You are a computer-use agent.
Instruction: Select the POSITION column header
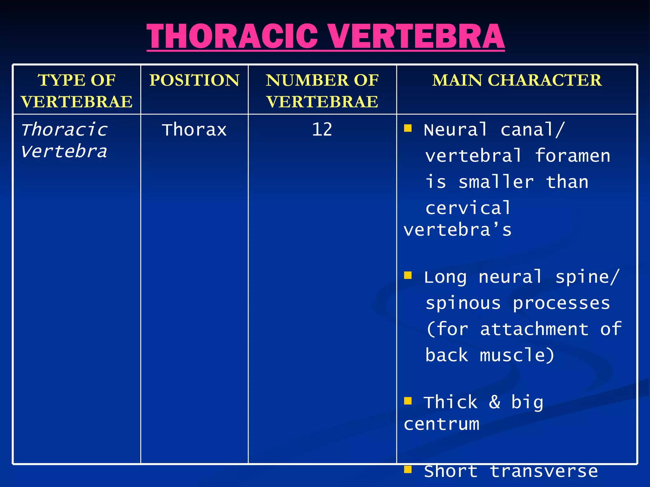[x=194, y=80]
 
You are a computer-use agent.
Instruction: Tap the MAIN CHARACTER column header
[x=517, y=80]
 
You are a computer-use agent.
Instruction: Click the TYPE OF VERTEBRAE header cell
[x=76, y=91]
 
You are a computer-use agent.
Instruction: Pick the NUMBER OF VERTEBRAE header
[x=322, y=91]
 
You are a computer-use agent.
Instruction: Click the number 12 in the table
[x=322, y=130]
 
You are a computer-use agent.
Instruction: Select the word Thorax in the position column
[x=194, y=130]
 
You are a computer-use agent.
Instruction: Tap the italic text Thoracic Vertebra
[x=64, y=140]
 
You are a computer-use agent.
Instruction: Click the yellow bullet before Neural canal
[x=408, y=128]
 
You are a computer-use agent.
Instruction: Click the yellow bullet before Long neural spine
[x=408, y=275]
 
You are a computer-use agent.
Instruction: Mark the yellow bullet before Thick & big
[x=408, y=401]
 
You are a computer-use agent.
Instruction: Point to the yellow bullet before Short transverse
[x=408, y=469]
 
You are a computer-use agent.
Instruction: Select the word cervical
[x=468, y=208]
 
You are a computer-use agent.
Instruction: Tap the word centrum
[x=441, y=424]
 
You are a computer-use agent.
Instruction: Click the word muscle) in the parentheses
[x=517, y=355]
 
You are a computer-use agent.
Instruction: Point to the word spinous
[x=463, y=303]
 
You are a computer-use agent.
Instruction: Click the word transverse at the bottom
[x=544, y=471]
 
